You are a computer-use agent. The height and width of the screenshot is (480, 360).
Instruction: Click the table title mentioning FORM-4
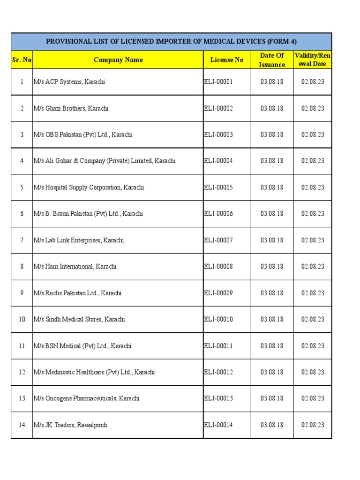click(x=171, y=42)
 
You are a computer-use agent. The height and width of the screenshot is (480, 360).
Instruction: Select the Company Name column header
click(x=118, y=60)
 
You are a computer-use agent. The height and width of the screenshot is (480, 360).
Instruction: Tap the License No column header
click(x=227, y=60)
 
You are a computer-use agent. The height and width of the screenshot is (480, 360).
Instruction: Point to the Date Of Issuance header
click(x=272, y=60)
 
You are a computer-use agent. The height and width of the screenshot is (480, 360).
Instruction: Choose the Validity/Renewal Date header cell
click(x=313, y=60)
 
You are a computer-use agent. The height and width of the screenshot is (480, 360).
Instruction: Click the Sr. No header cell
click(x=22, y=60)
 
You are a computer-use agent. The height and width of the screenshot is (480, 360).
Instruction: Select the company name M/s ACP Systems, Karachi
click(x=69, y=82)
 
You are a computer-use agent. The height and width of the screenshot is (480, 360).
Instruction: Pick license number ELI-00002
click(x=218, y=108)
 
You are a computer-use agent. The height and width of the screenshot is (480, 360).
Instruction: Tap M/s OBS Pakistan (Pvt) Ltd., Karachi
click(x=83, y=135)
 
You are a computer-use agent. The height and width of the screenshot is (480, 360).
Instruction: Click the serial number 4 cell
click(x=22, y=161)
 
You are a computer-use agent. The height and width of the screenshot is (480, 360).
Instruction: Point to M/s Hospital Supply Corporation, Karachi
click(x=89, y=187)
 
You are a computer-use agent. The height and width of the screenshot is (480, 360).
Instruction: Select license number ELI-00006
click(x=218, y=214)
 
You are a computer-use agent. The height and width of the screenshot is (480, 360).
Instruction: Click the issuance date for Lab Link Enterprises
click(x=272, y=240)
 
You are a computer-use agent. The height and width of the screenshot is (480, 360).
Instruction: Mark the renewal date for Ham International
click(x=313, y=267)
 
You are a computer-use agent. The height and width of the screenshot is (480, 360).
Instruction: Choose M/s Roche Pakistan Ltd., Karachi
click(x=77, y=293)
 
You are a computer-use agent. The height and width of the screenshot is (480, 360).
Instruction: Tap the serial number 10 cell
click(x=22, y=319)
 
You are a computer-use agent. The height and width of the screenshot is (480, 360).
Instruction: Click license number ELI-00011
click(x=218, y=346)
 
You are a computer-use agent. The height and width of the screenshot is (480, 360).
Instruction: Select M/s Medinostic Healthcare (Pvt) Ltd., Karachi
click(x=94, y=372)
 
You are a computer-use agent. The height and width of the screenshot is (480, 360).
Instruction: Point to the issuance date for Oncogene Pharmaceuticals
click(x=272, y=398)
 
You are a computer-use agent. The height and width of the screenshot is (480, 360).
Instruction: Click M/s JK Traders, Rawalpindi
click(x=70, y=425)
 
